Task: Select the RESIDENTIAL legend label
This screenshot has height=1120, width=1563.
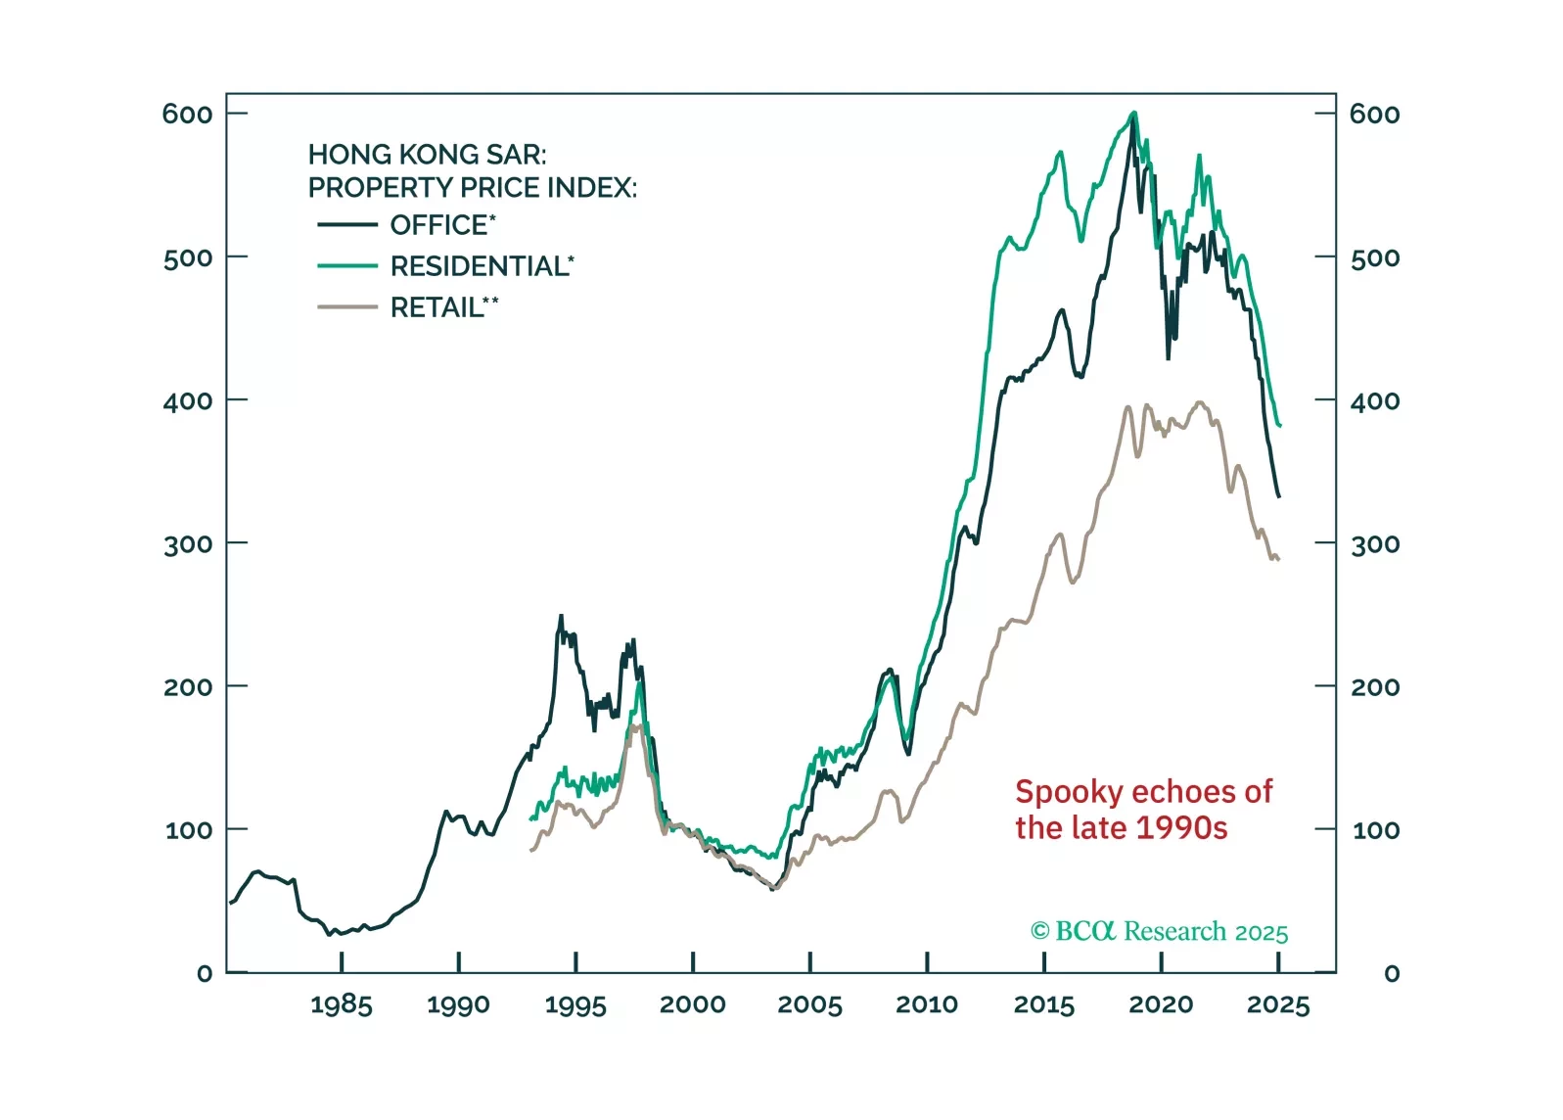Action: pyautogui.click(x=481, y=266)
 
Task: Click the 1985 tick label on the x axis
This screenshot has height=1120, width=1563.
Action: pyautogui.click(x=341, y=1005)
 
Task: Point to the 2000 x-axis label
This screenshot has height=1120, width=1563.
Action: pyautogui.click(x=692, y=1005)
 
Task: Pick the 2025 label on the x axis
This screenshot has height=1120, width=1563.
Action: pyautogui.click(x=1277, y=1005)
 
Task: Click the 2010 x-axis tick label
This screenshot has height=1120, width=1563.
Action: pyautogui.click(x=926, y=1005)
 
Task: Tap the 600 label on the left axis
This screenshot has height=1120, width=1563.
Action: pyautogui.click(x=187, y=115)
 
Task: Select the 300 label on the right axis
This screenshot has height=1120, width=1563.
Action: pyautogui.click(x=1374, y=544)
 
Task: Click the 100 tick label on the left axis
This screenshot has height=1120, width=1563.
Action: pyautogui.click(x=188, y=830)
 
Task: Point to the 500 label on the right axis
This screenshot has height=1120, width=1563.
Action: pyautogui.click(x=1374, y=258)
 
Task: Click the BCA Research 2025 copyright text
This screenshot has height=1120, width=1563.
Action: pyautogui.click(x=1159, y=931)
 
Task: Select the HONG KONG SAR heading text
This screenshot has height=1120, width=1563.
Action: pyautogui.click(x=427, y=155)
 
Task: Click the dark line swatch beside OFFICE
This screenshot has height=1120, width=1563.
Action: pyautogui.click(x=346, y=225)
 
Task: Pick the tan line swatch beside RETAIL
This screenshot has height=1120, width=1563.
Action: pyautogui.click(x=346, y=307)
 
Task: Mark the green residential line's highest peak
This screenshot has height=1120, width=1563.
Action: pyautogui.click(x=1133, y=114)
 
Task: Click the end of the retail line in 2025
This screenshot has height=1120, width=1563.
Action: pyautogui.click(x=1278, y=559)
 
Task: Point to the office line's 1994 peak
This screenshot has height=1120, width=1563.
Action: pyautogui.click(x=561, y=617)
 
